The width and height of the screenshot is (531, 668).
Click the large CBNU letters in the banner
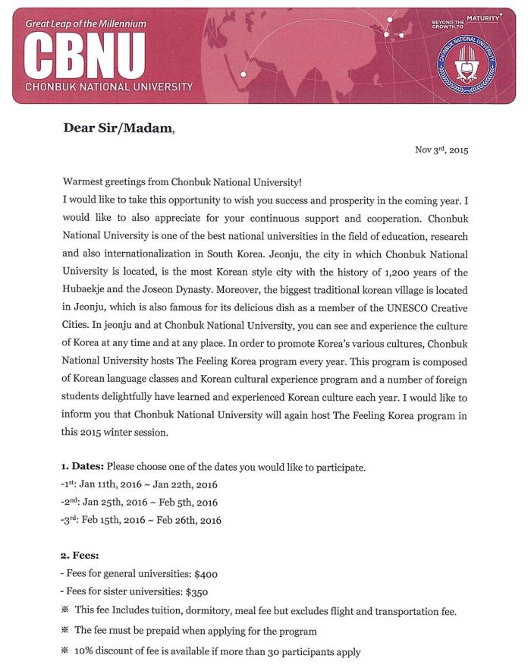click(85, 55)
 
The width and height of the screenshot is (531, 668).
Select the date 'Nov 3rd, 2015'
click(441, 150)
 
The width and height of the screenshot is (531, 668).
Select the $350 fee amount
click(193, 590)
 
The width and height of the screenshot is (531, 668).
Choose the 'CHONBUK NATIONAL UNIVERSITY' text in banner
click(108, 87)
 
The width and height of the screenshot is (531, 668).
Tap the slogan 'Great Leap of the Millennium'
click(85, 24)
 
